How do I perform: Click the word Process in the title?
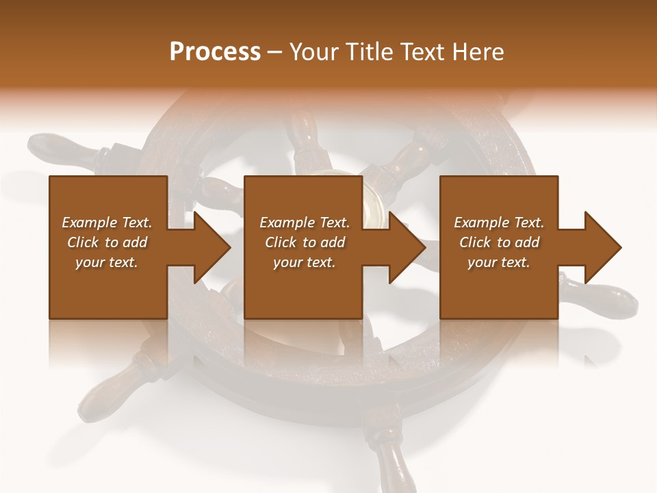tap(215, 52)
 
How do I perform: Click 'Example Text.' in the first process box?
tap(107, 223)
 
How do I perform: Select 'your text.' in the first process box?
tap(107, 262)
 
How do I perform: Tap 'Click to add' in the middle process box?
tap(305, 242)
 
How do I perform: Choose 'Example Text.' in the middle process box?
tap(305, 223)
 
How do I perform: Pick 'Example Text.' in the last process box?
tap(499, 223)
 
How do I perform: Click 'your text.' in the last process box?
tap(499, 262)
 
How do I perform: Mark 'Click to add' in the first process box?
tap(107, 242)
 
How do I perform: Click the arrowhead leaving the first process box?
tap(209, 247)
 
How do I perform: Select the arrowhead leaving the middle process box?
tap(404, 247)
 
